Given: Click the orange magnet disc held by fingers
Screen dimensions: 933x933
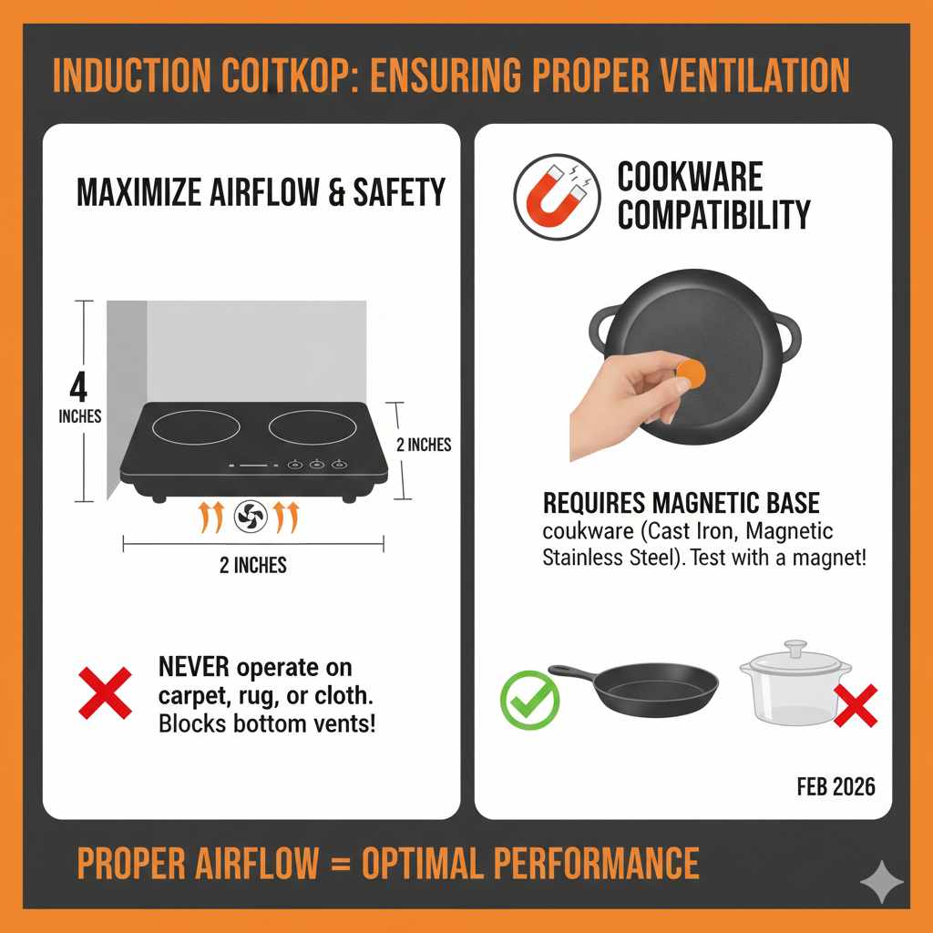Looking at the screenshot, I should [x=692, y=373].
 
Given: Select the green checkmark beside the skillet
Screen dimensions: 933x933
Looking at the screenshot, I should [x=528, y=700].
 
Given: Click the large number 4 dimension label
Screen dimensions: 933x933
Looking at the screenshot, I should [x=79, y=387].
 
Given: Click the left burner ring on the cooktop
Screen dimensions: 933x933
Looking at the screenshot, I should [x=197, y=427].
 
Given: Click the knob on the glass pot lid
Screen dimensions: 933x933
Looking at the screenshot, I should [x=796, y=648].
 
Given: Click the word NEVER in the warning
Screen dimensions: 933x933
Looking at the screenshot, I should [x=195, y=667].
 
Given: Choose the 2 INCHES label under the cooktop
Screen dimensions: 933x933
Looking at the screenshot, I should [x=253, y=566].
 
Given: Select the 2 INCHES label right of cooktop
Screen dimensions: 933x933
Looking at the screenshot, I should [x=424, y=446].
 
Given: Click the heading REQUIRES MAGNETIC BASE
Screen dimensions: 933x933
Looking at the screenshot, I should [x=681, y=502].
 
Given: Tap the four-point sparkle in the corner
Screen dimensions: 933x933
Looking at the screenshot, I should [x=882, y=882].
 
